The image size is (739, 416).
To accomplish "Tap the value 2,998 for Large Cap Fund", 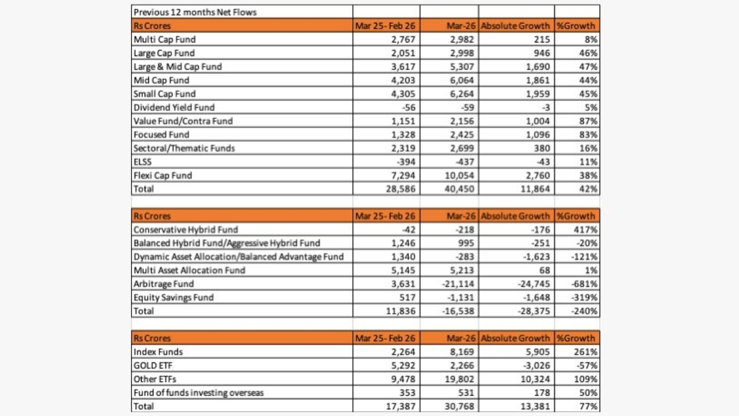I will pyautogui.click(x=461, y=53).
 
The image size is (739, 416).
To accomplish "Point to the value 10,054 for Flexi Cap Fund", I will pyautogui.click(x=459, y=175).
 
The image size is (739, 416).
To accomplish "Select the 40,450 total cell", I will pyautogui.click(x=459, y=189).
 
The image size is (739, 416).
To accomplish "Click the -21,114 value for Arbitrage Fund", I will pyautogui.click(x=457, y=283).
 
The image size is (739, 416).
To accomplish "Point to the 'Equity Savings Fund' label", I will pyautogui.click(x=173, y=297).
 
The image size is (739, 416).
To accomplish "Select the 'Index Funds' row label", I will pyautogui.click(x=158, y=351).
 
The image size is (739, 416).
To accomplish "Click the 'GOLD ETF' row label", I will pyautogui.click(x=153, y=365).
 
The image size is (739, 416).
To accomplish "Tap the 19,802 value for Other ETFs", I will pyautogui.click(x=459, y=378).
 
